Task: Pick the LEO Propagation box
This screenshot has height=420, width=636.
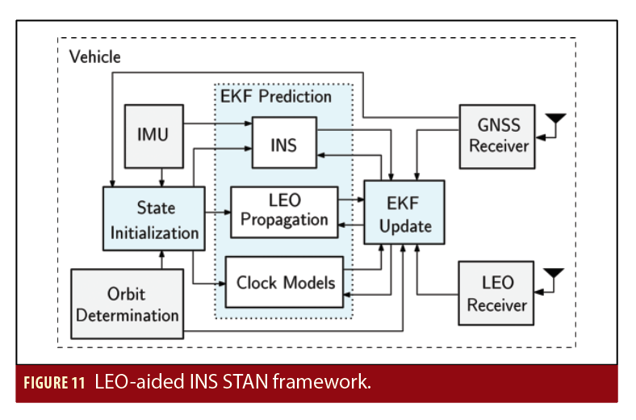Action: click(x=284, y=212)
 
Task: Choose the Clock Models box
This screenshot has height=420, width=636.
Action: click(x=284, y=283)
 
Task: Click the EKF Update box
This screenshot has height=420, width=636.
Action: click(x=404, y=213)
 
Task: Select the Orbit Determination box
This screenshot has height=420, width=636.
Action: click(x=127, y=304)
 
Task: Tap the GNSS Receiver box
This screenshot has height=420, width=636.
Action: click(x=496, y=136)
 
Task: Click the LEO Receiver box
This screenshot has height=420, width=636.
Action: click(x=496, y=293)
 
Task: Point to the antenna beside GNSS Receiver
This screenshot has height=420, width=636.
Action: click(x=554, y=124)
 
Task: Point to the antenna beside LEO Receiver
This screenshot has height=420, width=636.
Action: click(x=554, y=279)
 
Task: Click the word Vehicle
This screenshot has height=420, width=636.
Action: click(x=94, y=57)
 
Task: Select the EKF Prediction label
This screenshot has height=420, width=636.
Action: click(x=276, y=97)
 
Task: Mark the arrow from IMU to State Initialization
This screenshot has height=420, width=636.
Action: click(x=162, y=176)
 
